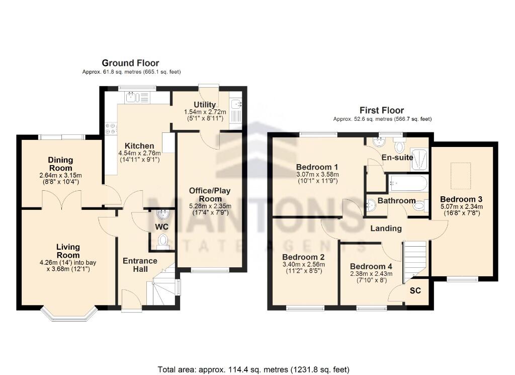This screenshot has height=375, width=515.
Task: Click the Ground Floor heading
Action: point(130,63)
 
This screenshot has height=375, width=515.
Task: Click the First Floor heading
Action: point(381,110)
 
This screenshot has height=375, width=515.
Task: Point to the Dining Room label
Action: point(60,164)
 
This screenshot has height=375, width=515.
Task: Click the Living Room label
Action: point(68,251)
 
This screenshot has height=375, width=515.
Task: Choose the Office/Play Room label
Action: point(210,194)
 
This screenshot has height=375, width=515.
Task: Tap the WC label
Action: point(161,227)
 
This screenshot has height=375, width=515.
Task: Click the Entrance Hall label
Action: point(140,265)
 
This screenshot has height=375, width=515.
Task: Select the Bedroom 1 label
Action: point(317,167)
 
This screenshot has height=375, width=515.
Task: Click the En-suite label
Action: point(397,158)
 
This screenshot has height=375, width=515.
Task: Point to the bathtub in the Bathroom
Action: point(407,183)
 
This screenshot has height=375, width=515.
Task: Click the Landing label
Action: point(386,228)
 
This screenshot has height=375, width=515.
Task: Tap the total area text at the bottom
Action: point(253,369)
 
